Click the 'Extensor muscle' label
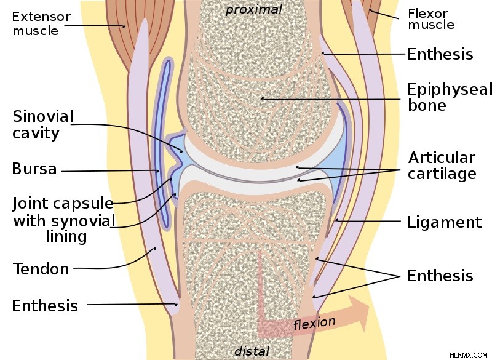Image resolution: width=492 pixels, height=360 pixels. coord(41,23)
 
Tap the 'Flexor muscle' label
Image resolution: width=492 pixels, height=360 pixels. coord(431,19)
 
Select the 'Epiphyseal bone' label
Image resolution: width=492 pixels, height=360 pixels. coord(450,97)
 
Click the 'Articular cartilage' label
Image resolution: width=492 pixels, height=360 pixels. coord(442,166)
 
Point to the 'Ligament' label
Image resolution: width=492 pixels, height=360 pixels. coord(444,222)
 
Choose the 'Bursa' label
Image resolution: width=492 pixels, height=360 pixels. coord(34,169)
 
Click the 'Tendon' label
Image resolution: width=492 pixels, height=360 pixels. coord(41,269)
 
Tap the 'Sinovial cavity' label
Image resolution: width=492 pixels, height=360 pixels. coord(43,125)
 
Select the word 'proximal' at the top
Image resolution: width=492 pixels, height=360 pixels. coord(254,9)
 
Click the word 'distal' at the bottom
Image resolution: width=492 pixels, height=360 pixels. coord(252,351)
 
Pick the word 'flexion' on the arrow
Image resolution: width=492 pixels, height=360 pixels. coord(314,323)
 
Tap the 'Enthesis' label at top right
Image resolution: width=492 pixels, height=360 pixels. coord(440,54)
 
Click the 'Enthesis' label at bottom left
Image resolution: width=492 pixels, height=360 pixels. coord(45,306)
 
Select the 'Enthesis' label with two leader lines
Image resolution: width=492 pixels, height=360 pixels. coord(440,276)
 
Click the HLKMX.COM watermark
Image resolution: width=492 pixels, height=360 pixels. coord(468,355)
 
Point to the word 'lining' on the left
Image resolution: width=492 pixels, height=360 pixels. coord(66,236)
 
